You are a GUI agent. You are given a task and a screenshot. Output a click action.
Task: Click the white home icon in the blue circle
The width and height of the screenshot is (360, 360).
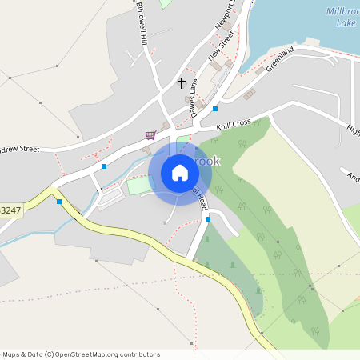[x=179, y=173]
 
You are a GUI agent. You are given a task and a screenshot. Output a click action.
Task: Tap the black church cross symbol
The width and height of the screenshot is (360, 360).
[x=182, y=83]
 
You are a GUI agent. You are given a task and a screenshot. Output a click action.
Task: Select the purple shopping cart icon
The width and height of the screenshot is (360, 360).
[x=150, y=134]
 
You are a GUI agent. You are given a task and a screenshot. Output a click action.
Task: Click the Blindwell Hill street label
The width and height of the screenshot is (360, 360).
[x=142, y=25]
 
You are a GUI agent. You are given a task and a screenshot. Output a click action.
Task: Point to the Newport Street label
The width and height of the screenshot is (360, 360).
[x=227, y=17]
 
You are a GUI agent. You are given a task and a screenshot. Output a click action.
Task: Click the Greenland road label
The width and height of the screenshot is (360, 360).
[x=281, y=59]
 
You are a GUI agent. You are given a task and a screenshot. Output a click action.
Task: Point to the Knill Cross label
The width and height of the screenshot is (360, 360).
[x=234, y=125]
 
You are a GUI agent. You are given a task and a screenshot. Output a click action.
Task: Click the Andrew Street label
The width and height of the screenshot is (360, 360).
[x=19, y=149]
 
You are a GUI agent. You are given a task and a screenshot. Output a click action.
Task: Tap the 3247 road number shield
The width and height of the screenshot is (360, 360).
[x=10, y=210]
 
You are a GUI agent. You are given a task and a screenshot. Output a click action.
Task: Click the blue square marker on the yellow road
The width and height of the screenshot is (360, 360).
[x=59, y=202]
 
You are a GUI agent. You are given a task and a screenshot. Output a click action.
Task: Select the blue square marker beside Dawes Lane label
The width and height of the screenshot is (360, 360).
[x=215, y=108]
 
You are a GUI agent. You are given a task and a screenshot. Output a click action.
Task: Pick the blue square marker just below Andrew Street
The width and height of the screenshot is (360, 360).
[x=104, y=166]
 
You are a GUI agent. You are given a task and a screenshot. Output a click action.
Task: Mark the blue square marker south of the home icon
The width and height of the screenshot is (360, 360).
[x=207, y=218]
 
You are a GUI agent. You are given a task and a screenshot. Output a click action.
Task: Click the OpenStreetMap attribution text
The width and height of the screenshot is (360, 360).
[x=81, y=354]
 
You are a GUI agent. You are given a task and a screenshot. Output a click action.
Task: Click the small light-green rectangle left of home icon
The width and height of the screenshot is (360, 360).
[x=138, y=186]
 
